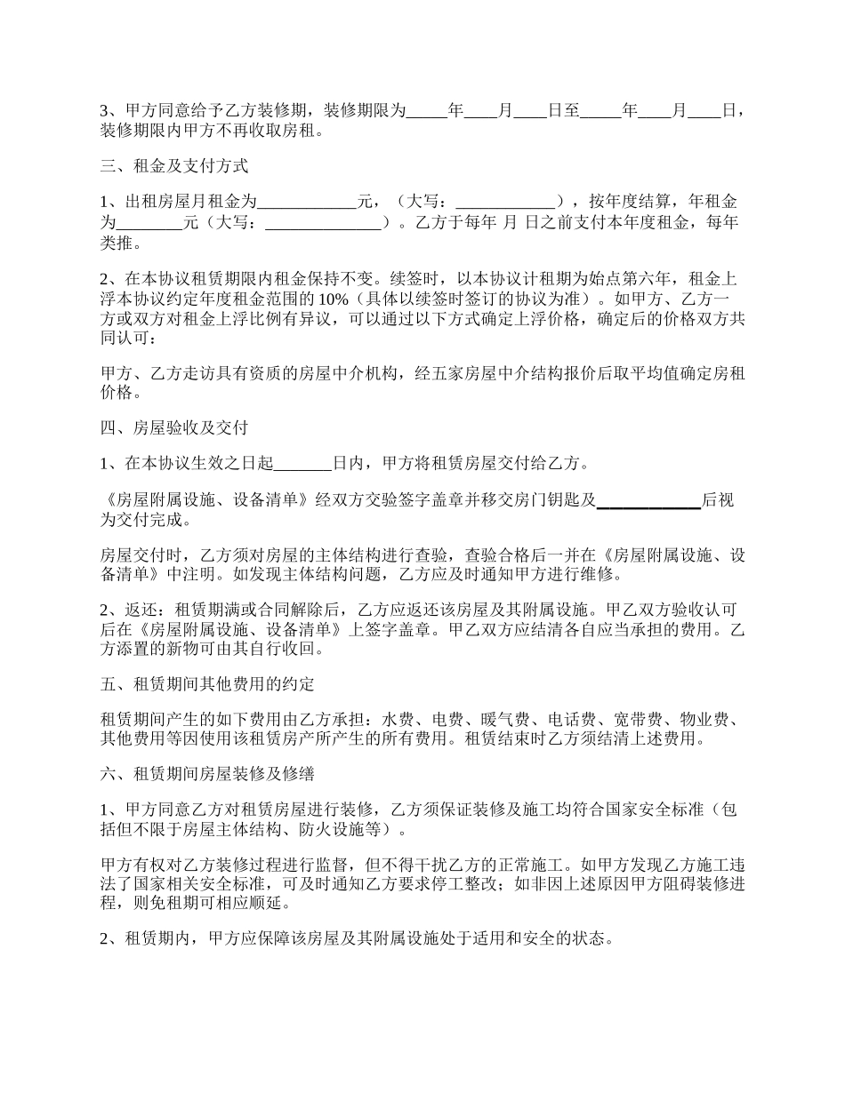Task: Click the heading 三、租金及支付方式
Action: click(x=174, y=166)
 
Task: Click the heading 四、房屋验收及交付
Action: click(x=174, y=428)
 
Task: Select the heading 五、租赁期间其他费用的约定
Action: click(x=207, y=684)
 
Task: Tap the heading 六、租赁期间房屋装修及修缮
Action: click(x=207, y=774)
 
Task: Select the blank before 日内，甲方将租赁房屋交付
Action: click(x=302, y=463)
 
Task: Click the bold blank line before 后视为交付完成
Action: click(x=648, y=501)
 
